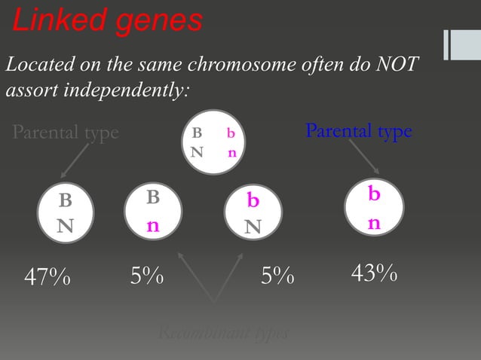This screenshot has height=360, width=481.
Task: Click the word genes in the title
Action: tap(159, 21)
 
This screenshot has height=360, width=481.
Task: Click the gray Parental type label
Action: tap(66, 133)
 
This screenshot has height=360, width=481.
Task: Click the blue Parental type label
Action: tap(358, 131)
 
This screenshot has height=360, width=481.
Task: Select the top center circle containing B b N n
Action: tap(214, 142)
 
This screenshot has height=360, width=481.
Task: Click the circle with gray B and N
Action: tap(66, 212)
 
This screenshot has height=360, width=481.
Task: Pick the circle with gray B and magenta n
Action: tap(153, 212)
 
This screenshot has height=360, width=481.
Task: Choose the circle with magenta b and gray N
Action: tap(254, 213)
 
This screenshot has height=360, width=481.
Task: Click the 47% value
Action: tap(47, 278)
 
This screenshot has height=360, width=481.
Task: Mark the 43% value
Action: tap(375, 274)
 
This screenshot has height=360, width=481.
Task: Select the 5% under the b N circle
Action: tap(277, 277)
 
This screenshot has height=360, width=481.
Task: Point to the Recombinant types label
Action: tap(223, 333)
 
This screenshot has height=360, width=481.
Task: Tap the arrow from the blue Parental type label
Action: tap(366, 160)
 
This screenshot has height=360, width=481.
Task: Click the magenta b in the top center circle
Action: tap(231, 133)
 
